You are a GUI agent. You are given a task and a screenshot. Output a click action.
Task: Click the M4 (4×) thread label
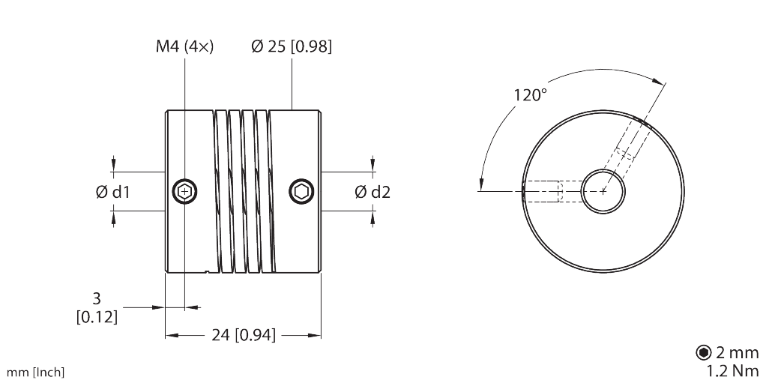(185, 46)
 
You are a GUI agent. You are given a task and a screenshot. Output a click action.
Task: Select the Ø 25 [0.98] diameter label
(292, 46)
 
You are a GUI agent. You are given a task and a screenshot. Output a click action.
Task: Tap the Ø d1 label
(113, 192)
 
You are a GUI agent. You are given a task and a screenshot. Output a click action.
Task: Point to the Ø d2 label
(373, 192)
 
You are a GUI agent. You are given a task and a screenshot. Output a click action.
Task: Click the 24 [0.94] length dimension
(244, 336)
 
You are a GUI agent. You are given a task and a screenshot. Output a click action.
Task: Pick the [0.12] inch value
(97, 316)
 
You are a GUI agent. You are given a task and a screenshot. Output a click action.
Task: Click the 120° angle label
(530, 95)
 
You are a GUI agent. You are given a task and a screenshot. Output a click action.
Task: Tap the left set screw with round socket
(184, 191)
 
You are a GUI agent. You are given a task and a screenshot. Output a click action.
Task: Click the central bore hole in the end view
(603, 191)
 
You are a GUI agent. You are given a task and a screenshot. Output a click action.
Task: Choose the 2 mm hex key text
(738, 352)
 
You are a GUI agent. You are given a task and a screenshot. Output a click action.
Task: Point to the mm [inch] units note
(35, 372)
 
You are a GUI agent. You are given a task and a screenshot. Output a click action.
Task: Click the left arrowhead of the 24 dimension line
(170, 336)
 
